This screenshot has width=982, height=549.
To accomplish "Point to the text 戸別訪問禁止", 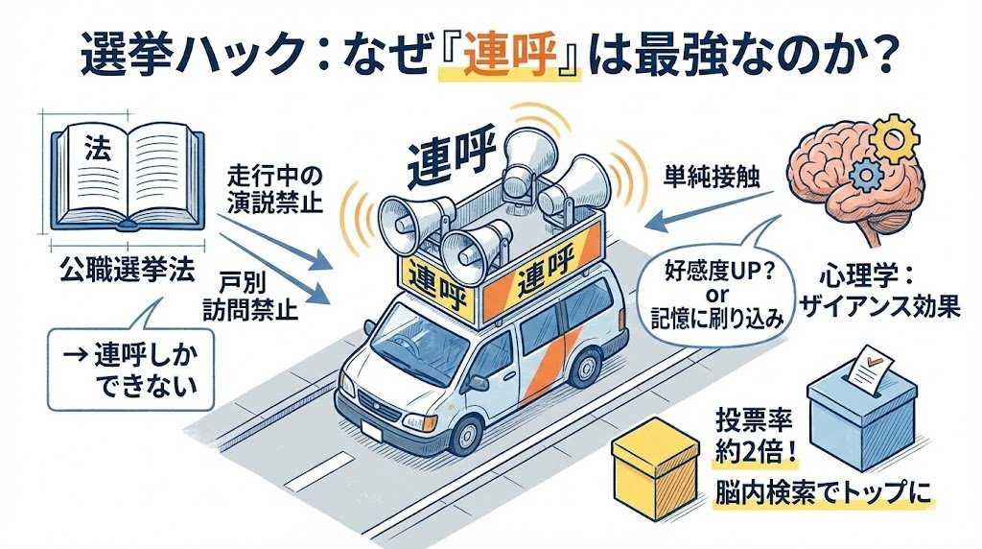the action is pyautogui.click(x=247, y=297).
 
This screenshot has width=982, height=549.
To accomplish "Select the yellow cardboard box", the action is pyautogui.click(x=656, y=471).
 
